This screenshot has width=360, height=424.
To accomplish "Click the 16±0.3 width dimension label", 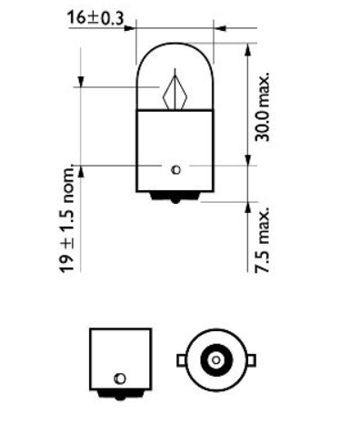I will click(95, 16).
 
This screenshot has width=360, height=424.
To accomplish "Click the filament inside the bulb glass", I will click(175, 92).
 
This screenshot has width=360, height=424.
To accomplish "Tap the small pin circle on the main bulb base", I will click(176, 169).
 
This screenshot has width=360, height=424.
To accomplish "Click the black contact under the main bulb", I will click(175, 198).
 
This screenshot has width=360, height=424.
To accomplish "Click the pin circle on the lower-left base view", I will click(118, 378).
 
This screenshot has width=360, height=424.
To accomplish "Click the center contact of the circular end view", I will click(215, 360).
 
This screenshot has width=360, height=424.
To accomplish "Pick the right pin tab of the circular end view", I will click(246, 360).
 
